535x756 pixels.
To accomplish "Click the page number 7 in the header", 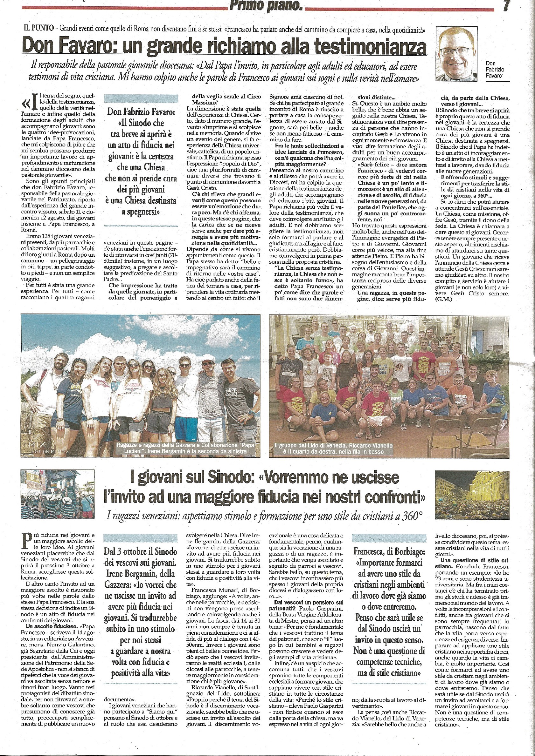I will pos(506,5).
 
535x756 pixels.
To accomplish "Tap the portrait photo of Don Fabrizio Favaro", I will pos(456,54).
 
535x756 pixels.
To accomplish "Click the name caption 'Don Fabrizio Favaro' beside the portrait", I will pos(495,70).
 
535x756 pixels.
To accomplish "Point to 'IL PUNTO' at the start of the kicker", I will pos(38,28).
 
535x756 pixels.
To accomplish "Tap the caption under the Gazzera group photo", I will pos(185,448).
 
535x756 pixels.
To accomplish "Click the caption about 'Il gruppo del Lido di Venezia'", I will pos(333,448).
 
